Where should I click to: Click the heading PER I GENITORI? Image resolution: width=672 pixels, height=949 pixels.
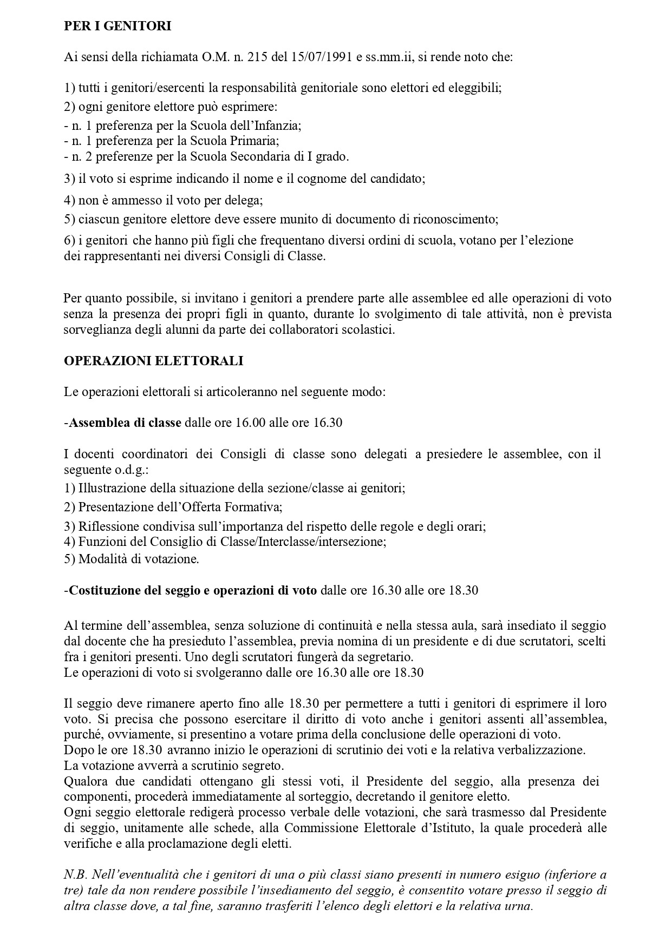tap(118, 26)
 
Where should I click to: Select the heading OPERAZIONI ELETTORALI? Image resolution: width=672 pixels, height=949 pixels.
tap(153, 361)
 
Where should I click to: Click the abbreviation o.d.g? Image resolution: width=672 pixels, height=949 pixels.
tap(118, 470)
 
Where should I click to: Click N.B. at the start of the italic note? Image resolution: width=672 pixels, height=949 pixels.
tap(75, 875)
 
